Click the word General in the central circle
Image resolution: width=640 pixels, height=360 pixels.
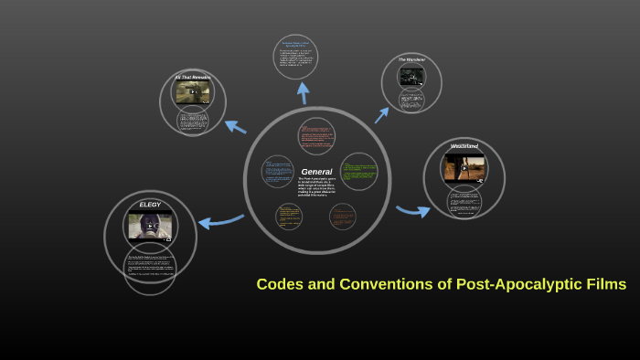click(316, 171)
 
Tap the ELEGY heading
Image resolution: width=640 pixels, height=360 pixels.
click(150, 205)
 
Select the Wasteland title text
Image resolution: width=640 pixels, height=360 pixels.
click(464, 146)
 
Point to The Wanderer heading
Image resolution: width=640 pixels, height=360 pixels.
click(411, 59)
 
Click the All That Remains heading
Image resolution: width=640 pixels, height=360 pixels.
click(194, 77)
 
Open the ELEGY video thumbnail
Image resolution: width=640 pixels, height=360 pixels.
click(150, 225)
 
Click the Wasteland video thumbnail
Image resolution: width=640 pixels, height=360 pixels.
click(464, 167)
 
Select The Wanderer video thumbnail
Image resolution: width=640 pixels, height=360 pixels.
click(411, 76)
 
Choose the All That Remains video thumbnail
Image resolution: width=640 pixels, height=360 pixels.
click(194, 92)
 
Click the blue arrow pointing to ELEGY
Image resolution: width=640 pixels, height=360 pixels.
click(220, 220)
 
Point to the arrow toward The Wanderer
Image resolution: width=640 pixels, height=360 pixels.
click(381, 113)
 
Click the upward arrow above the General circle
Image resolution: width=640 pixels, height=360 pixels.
click(303, 93)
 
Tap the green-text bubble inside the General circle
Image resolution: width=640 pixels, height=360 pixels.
click(358, 171)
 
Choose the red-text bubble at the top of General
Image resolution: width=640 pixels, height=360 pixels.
click(315, 136)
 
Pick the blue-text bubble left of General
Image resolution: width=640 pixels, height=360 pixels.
click(277, 172)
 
